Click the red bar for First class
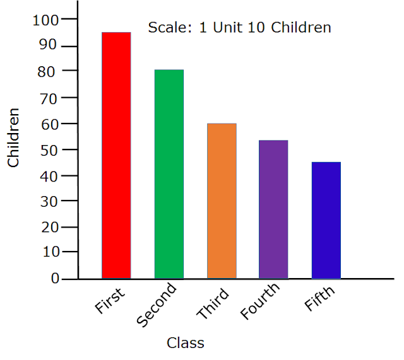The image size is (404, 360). [x=116, y=155]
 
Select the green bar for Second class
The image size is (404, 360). [x=169, y=174]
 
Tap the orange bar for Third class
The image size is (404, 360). [x=222, y=200]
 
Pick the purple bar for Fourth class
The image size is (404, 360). [x=273, y=209]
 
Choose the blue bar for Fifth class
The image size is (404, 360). [x=326, y=220]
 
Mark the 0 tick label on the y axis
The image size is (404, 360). [x=55, y=278]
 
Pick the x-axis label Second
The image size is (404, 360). [x=156, y=306]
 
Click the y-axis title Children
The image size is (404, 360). [x=13, y=137]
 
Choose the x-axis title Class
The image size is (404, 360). [x=186, y=344]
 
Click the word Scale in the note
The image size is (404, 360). [x=166, y=28]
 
